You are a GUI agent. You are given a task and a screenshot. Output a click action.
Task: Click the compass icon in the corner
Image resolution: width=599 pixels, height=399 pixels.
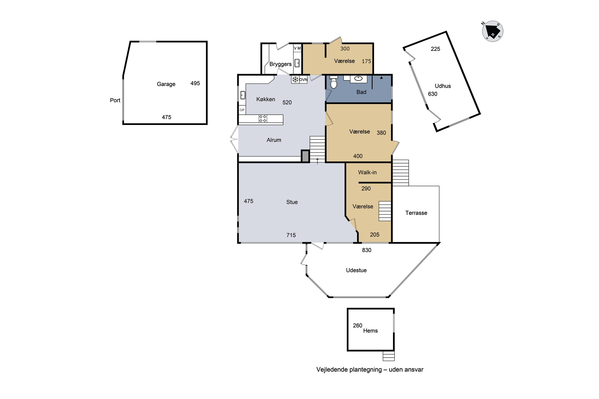(493, 31)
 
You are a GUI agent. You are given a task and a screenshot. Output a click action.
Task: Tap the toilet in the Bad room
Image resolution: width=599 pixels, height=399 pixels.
(334, 82)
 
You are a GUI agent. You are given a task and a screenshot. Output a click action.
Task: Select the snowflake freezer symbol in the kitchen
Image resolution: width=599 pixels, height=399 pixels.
(295, 80)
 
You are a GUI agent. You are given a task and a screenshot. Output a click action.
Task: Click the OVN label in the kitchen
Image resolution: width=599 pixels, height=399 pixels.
(303, 80)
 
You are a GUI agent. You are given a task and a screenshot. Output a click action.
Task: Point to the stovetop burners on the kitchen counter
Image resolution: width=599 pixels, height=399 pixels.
(263, 119)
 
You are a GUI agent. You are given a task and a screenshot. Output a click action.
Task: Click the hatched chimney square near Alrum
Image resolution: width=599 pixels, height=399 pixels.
(305, 156)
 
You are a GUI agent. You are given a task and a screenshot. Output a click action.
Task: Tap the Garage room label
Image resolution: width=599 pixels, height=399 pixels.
(166, 84)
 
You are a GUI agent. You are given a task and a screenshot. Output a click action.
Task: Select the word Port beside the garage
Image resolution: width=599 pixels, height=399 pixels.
(115, 100)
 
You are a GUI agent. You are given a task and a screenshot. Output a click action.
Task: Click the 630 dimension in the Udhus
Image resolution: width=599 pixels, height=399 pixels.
(432, 94)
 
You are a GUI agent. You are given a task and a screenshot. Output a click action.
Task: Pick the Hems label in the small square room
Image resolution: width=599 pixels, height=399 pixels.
(370, 331)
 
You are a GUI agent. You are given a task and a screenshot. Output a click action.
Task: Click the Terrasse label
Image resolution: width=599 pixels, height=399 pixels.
(416, 213)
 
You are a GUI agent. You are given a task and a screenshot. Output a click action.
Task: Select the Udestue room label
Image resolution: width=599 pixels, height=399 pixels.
(356, 270)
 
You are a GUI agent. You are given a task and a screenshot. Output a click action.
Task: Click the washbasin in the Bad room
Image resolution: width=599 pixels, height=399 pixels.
(359, 79)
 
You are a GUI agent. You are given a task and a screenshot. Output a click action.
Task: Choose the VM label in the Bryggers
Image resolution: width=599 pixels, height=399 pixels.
(297, 48)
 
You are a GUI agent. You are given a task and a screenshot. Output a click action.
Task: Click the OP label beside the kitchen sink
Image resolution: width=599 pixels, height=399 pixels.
(242, 110)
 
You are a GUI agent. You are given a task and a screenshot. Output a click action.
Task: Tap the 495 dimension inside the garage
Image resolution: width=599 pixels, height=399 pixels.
(195, 83)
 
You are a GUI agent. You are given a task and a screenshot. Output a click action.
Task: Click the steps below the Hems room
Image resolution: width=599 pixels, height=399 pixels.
(389, 356)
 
